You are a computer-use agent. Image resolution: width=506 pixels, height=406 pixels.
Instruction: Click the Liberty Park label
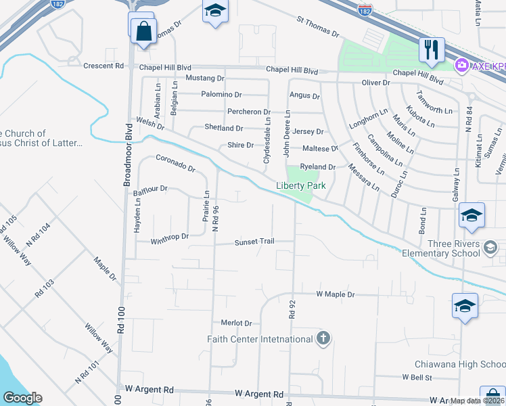coord(300,185)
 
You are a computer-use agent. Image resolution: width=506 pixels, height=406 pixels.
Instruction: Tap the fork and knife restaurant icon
coord(431,49)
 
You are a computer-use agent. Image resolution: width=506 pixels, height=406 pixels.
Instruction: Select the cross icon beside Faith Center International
coord(323,338)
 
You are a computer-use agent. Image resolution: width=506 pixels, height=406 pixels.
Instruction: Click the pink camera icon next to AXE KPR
coord(463,65)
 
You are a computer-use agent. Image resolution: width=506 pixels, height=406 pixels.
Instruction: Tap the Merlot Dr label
coord(236,323)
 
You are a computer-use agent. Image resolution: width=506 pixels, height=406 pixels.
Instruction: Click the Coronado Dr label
coord(175,162)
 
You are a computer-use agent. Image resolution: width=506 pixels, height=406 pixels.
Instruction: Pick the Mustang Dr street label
coord(204,79)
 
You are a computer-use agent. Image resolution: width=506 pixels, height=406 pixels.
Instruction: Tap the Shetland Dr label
coord(223,128)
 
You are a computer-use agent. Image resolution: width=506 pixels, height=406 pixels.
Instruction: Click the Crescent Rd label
coord(103,66)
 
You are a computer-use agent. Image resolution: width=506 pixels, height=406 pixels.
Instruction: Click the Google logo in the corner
coord(22,398)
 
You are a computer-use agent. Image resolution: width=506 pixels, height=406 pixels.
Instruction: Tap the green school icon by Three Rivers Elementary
coord(490,248)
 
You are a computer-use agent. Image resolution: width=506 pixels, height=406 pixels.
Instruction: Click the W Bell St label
coord(417,377)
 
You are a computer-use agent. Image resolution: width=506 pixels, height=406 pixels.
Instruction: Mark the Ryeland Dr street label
coord(318,166)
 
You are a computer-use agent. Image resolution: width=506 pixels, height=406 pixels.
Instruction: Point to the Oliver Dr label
coord(376,83)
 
